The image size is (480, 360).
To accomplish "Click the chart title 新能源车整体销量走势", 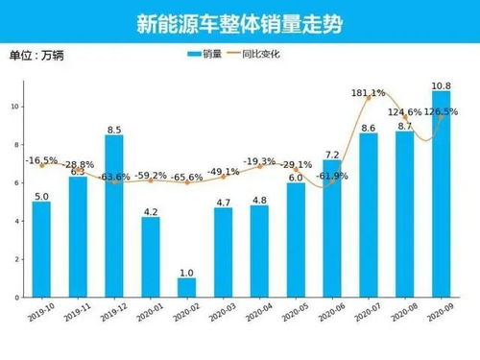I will [239, 21].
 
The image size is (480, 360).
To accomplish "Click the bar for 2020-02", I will [187, 288].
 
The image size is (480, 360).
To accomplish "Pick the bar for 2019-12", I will [114, 216].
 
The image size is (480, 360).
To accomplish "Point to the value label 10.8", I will [441, 85].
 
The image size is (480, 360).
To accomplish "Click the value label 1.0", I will [187, 272].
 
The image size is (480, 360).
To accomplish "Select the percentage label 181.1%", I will [369, 93].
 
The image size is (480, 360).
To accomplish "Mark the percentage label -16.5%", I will [41, 160].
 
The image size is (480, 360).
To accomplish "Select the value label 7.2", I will [332, 154].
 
